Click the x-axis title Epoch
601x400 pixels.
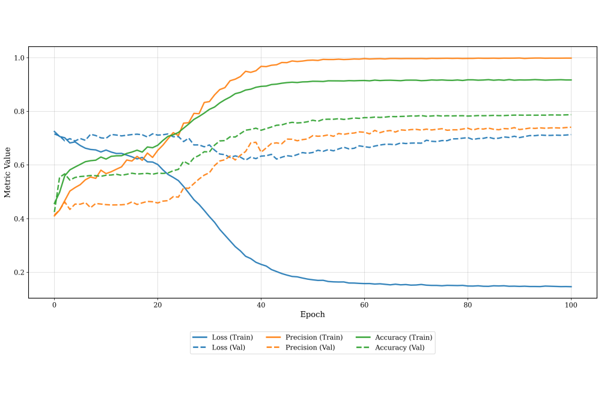(x=313, y=314)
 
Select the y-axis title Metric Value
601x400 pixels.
(x=8, y=172)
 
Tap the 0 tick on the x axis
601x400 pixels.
(x=54, y=305)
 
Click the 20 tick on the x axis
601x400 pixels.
(x=157, y=305)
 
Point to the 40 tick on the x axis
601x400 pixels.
(x=261, y=305)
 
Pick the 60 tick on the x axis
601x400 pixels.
(x=364, y=305)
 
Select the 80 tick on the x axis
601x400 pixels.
(x=468, y=305)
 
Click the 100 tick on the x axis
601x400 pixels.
(x=571, y=305)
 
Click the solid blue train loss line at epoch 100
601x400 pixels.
(x=570, y=286)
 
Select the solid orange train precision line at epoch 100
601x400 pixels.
(x=570, y=58)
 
